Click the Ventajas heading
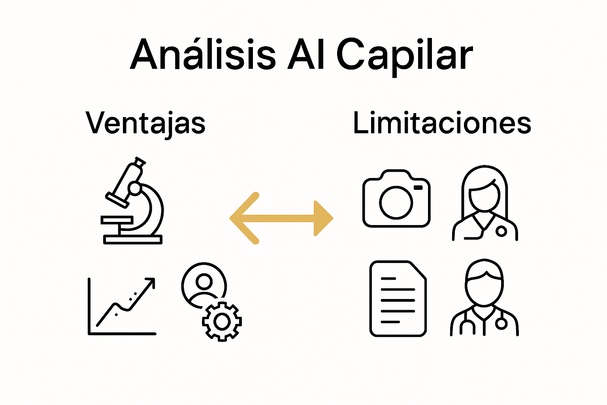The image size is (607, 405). (145, 123)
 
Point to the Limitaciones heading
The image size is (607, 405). (442, 123)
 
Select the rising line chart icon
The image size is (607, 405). (122, 306)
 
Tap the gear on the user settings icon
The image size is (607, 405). (222, 321)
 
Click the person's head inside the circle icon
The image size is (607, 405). (204, 282)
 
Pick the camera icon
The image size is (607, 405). (396, 199)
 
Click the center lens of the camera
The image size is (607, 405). (396, 202)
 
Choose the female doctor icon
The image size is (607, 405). (485, 203)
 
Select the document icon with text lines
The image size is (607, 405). (398, 299)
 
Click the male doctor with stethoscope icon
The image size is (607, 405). (484, 298)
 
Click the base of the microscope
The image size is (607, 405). (133, 239)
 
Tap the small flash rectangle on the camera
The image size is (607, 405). (418, 187)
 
